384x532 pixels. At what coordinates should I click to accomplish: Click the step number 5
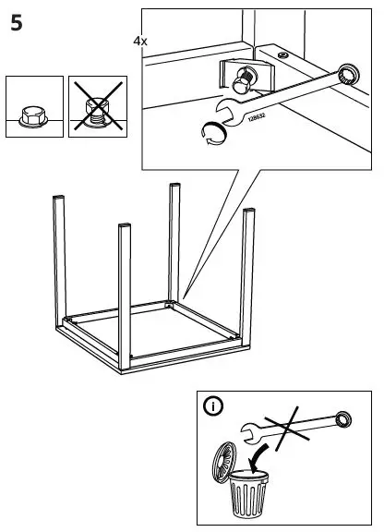coord(17,24)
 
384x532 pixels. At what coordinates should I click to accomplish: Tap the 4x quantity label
coord(139,42)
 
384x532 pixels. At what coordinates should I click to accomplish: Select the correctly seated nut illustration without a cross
coord(33,109)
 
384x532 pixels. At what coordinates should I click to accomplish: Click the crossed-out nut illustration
coord(96,109)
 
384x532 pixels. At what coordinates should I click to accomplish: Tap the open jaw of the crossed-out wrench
coord(247,429)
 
